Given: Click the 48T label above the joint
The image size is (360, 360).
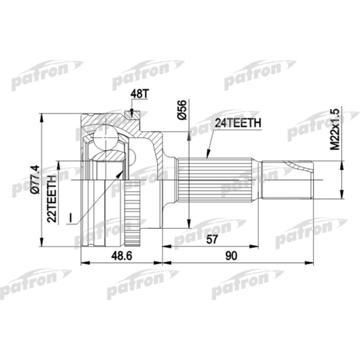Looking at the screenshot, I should click(x=138, y=96).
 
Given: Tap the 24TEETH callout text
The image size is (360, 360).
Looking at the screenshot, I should click(x=238, y=123).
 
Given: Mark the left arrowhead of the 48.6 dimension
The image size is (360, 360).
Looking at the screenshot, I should click(x=84, y=263).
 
